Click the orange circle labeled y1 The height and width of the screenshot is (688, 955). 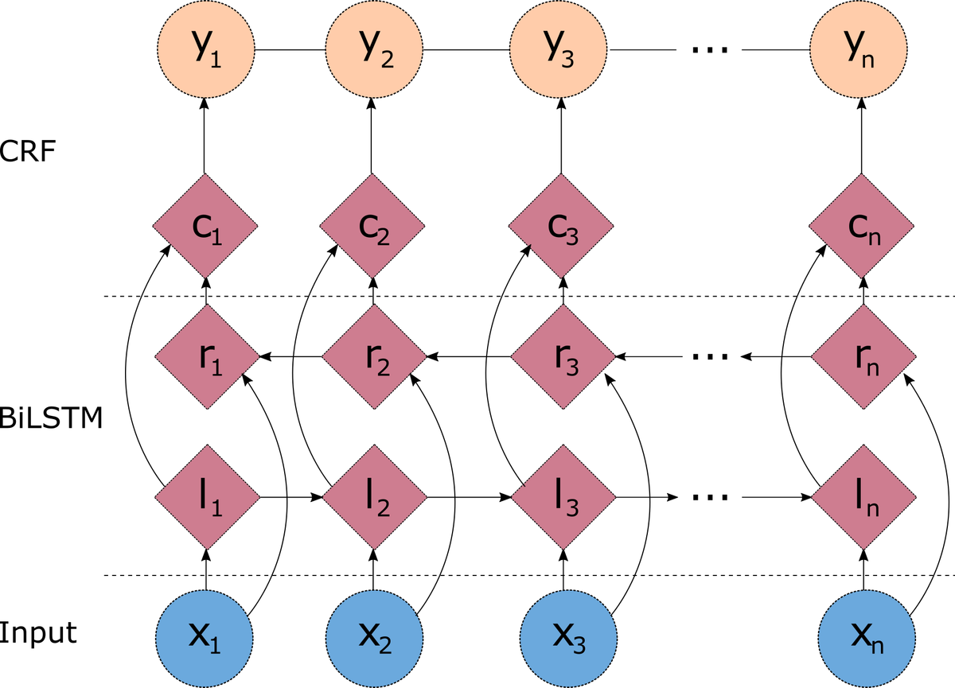(x=206, y=49)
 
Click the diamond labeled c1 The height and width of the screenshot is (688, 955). (x=205, y=227)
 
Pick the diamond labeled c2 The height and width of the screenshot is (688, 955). (x=372, y=227)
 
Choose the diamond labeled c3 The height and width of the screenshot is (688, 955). (x=561, y=227)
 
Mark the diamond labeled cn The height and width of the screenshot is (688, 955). (x=861, y=227)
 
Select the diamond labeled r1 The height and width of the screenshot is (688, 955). (x=206, y=357)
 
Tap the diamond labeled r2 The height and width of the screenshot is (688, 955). (x=374, y=357)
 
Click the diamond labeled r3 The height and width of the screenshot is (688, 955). (x=563, y=357)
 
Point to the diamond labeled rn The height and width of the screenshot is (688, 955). (x=863, y=357)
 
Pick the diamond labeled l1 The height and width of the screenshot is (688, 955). (x=206, y=498)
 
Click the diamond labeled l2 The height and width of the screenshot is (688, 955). (x=374, y=498)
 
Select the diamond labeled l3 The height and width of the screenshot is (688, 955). (x=563, y=498)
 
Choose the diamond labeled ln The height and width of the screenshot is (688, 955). (x=863, y=498)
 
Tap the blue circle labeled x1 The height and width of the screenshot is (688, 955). (x=205, y=636)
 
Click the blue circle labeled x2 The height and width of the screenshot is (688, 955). (x=374, y=636)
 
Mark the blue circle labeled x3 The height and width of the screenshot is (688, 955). (x=569, y=636)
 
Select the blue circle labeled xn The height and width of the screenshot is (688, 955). (x=866, y=636)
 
